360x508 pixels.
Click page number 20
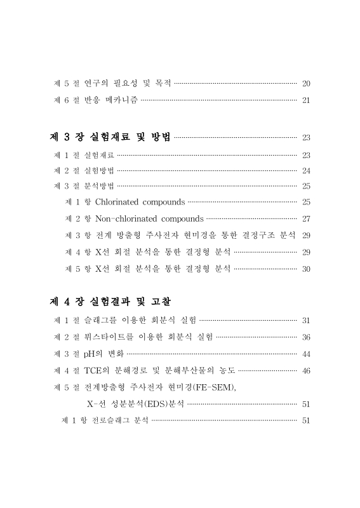[x=306, y=83]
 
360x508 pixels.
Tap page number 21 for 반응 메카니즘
[x=306, y=100]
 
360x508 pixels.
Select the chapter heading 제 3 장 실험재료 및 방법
[x=110, y=138]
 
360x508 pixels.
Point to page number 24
[x=306, y=170]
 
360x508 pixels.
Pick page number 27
[x=306, y=219]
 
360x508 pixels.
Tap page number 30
[x=306, y=269]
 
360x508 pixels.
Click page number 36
[x=306, y=336]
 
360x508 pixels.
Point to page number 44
[x=306, y=353]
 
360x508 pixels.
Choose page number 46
[x=306, y=370]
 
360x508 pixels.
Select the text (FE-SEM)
[x=212, y=387]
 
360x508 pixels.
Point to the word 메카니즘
[x=119, y=100]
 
